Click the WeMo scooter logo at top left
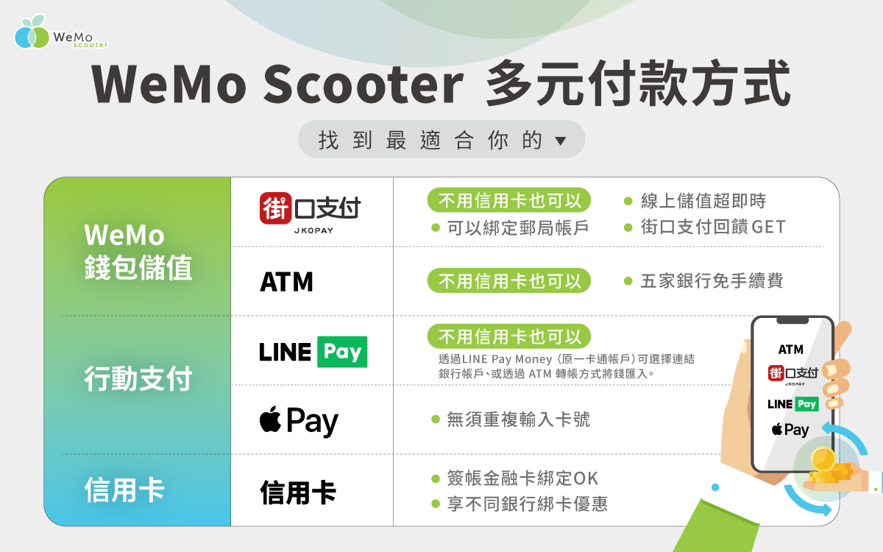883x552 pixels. (60, 33)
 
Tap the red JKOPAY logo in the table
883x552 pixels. (311, 211)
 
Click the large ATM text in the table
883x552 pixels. (286, 281)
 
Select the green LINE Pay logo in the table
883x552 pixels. (313, 352)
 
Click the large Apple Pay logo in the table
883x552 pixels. (299, 422)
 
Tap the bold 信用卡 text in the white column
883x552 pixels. (297, 492)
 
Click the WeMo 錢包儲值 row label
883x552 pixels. (138, 252)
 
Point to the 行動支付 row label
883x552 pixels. (138, 379)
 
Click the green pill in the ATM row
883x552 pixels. (509, 281)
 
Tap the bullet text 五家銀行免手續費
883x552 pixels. (711, 280)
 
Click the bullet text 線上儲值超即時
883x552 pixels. (703, 201)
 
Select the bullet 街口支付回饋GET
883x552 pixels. (712, 227)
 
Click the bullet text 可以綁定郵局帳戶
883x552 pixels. (517, 228)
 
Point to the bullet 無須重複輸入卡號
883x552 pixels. (518, 420)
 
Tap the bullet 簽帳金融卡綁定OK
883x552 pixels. (522, 478)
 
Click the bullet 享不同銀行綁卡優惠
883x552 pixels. (527, 504)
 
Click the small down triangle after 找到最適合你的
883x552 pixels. (560, 141)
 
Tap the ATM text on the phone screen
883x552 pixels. (791, 349)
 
